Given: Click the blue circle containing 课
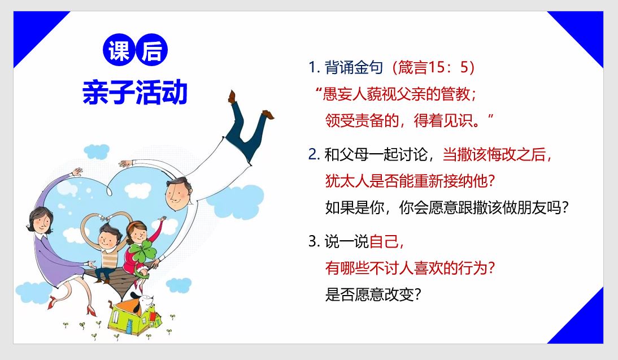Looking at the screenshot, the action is pyautogui.click(x=119, y=50).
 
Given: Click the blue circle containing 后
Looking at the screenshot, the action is pyautogui.click(x=152, y=50).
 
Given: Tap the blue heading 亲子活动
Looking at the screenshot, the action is pyautogui.click(x=135, y=92).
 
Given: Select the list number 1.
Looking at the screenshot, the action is pyautogui.click(x=314, y=67).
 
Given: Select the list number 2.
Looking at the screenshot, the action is pyautogui.click(x=314, y=154).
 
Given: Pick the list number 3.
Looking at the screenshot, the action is pyautogui.click(x=314, y=241).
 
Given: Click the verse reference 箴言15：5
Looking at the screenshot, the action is pyautogui.click(x=436, y=67).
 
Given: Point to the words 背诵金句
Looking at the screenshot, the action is pyautogui.click(x=354, y=67).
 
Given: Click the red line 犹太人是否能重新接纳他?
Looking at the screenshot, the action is pyautogui.click(x=410, y=181).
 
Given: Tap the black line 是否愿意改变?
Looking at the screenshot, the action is pyautogui.click(x=373, y=294).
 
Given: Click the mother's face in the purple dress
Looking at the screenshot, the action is pyautogui.click(x=41, y=222).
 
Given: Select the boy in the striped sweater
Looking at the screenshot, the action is pyautogui.click(x=108, y=253).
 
